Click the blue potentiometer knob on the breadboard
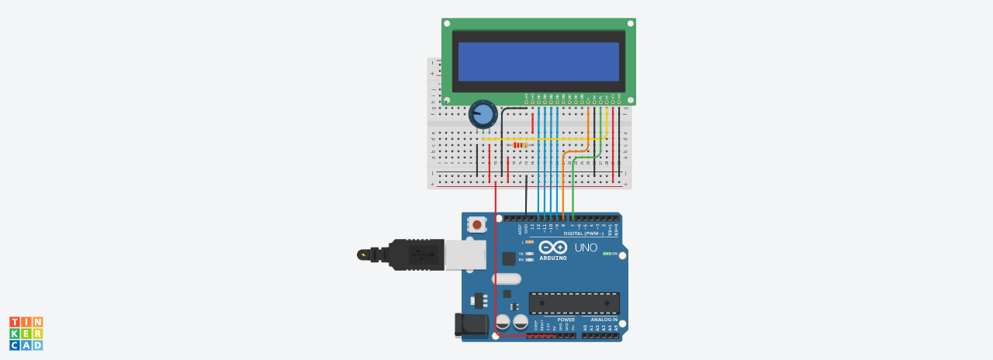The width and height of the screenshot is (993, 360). pyautogui.click(x=483, y=115)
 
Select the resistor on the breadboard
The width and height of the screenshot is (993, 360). pyautogui.click(x=521, y=145)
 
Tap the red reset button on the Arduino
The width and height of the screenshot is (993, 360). pyautogui.click(x=477, y=224)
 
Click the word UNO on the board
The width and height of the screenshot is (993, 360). pyautogui.click(x=586, y=247)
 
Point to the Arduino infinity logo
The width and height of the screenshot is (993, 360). pyautogui.click(x=553, y=247)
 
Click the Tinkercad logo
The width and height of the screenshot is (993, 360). pyautogui.click(x=26, y=333)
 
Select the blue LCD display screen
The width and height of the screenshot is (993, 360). pyautogui.click(x=538, y=61)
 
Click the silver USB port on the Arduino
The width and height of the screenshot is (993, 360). pyautogui.click(x=465, y=254)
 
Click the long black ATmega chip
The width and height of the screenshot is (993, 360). pyautogui.click(x=574, y=303)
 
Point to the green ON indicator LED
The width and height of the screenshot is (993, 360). pyautogui.click(x=607, y=254)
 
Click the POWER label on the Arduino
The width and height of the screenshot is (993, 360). pyautogui.click(x=566, y=320)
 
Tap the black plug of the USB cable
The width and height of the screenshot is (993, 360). pyautogui.click(x=415, y=254)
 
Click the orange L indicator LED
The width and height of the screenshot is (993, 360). pyautogui.click(x=531, y=242)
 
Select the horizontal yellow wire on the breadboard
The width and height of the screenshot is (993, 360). pyautogui.click(x=543, y=139)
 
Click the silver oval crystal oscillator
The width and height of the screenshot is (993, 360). pyautogui.click(x=506, y=279)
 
